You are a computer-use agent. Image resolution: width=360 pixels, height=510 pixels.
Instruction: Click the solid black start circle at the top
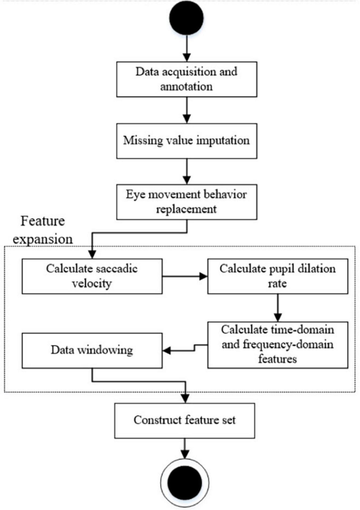coord(187,18)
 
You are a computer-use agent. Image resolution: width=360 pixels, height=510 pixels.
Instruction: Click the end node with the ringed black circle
coord(185,482)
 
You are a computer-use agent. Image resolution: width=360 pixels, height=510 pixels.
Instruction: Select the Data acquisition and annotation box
coord(187,79)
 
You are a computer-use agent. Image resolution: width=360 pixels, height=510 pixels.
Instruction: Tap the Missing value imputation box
coord(187,141)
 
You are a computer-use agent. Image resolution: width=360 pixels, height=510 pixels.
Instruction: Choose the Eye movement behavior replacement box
coord(187,202)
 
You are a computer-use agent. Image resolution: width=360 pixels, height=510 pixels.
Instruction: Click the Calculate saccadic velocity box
coord(92,276)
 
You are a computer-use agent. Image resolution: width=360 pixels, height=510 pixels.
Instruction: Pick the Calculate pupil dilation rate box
coord(278,276)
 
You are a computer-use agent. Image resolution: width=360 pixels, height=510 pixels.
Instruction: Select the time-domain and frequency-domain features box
coord(278,345)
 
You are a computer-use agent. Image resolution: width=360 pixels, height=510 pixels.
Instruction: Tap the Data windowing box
coord(92,350)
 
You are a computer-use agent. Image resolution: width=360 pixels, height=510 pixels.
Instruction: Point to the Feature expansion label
coord(43,230)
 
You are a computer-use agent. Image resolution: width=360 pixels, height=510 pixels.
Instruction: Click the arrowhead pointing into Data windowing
coord(167,351)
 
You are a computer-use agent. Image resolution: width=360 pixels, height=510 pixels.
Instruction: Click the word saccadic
coord(117,269)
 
